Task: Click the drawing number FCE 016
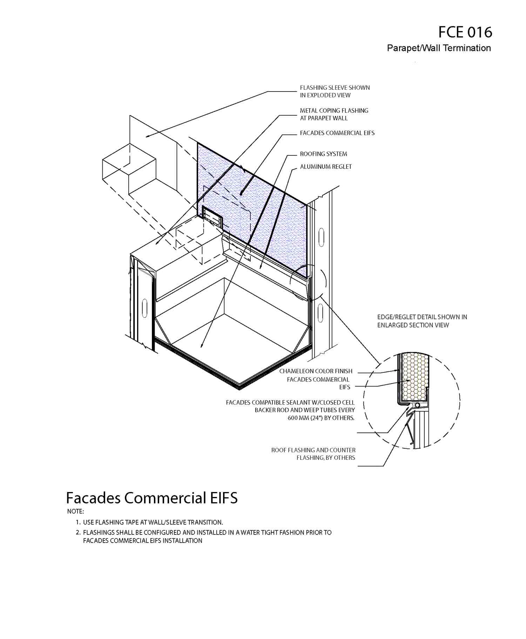465,32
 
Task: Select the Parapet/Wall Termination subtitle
439,48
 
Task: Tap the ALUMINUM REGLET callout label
325,167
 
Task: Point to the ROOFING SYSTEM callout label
323,154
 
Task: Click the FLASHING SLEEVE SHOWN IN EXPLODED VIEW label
335,91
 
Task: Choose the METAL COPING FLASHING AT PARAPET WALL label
334,114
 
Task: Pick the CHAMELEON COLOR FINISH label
316,371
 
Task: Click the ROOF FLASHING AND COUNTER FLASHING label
313,454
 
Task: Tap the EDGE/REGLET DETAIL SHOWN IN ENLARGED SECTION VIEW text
422,321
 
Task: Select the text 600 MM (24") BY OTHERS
321,418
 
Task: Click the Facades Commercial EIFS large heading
151,498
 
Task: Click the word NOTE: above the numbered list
75,511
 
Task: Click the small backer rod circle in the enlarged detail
417,405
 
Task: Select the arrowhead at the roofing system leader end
202,345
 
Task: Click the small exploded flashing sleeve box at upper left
129,169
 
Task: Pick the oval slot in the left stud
144,308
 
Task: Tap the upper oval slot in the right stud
321,237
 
